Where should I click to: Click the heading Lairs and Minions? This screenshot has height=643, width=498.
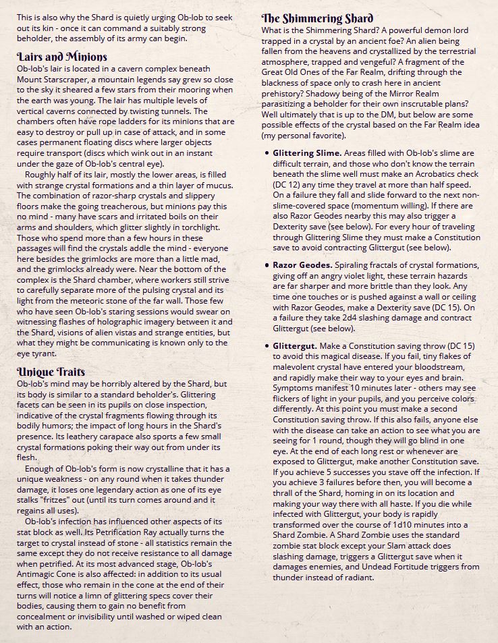tap(61, 56)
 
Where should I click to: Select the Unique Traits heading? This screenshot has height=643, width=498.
tap(51, 372)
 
